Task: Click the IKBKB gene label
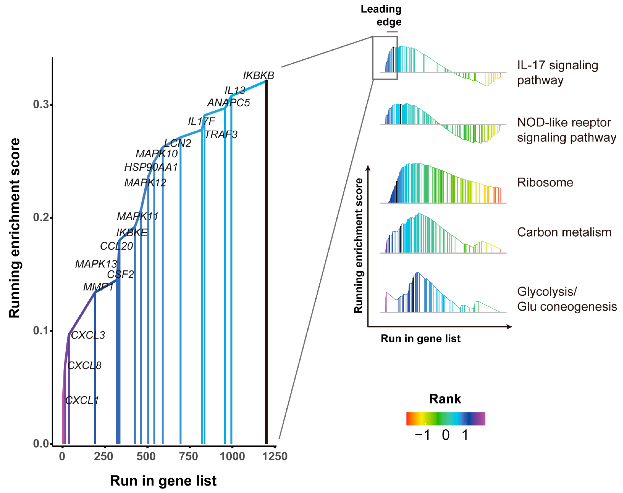[x=258, y=76]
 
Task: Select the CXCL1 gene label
[x=82, y=400]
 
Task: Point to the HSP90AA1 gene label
[x=151, y=167]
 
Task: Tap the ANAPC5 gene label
[x=228, y=103]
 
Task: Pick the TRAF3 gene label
[x=221, y=134]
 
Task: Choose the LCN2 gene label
[x=178, y=143]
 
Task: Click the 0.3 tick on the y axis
[x=41, y=105]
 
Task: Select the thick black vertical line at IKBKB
[x=266, y=260]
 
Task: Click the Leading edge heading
[x=381, y=15]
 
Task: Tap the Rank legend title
[x=445, y=399]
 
